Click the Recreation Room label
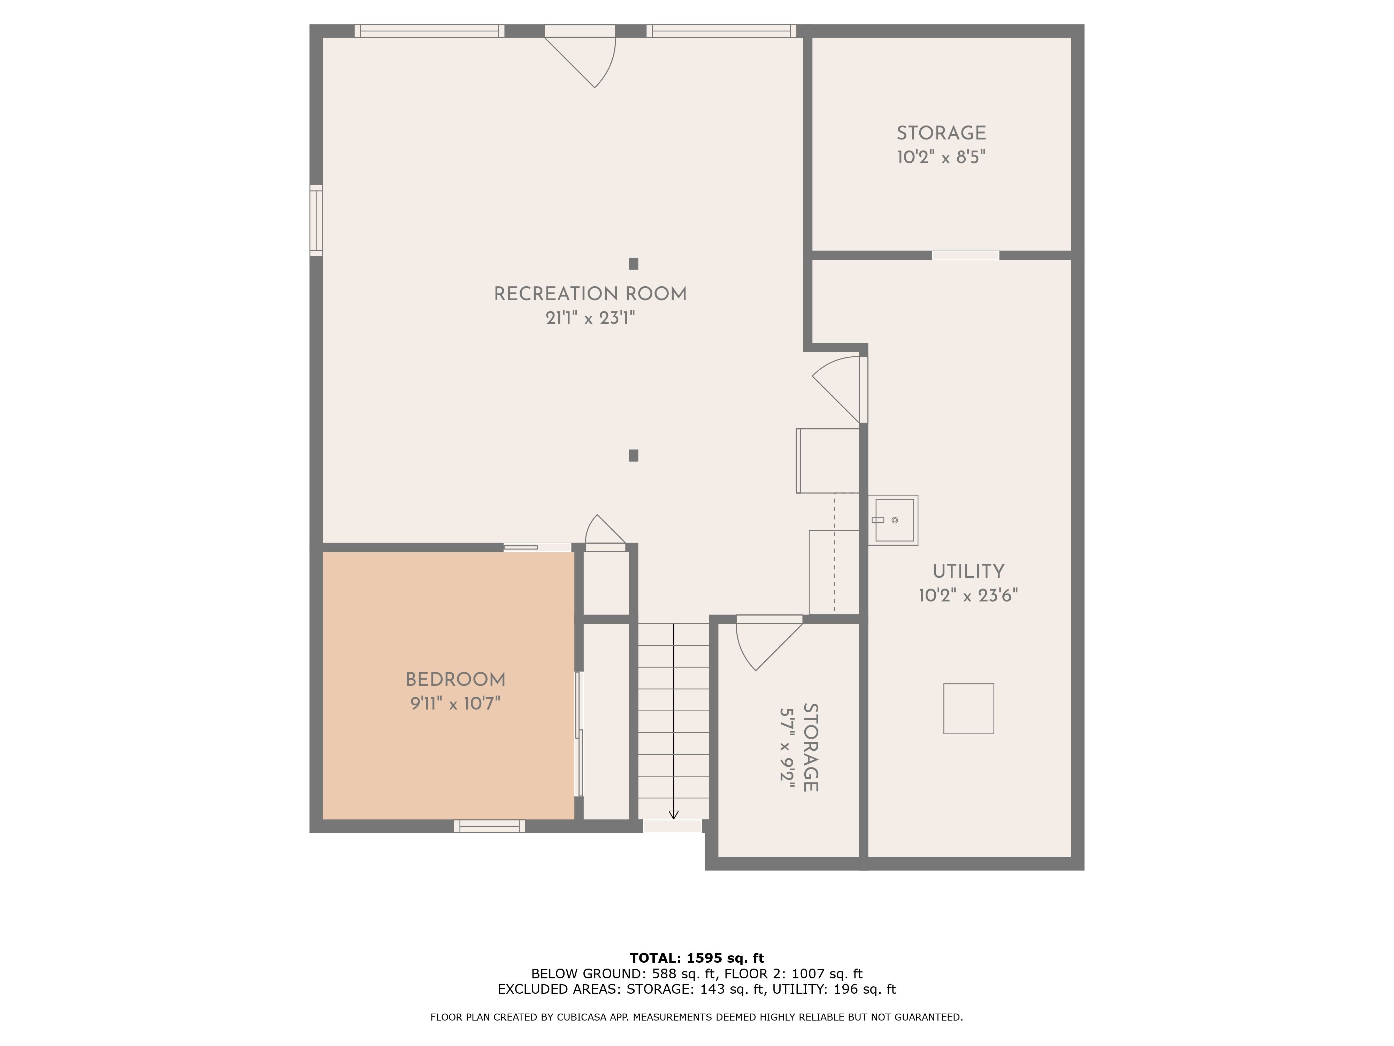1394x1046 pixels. pyautogui.click(x=590, y=294)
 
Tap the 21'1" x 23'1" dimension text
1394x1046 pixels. pyautogui.click(x=590, y=318)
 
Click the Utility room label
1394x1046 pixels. pyautogui.click(x=968, y=572)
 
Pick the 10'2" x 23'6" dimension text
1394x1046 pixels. pyautogui.click(x=968, y=595)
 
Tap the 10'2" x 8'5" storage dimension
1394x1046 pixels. pyautogui.click(x=941, y=157)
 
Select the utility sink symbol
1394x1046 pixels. pyautogui.click(x=894, y=520)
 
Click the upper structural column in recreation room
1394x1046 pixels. pyautogui.click(x=633, y=264)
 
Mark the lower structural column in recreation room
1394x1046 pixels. pyautogui.click(x=633, y=455)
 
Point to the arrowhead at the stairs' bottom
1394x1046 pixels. pyautogui.click(x=673, y=814)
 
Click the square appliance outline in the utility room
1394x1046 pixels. pyautogui.click(x=968, y=709)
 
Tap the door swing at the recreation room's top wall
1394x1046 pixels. pyautogui.click(x=586, y=60)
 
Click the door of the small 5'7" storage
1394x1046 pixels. pyautogui.click(x=766, y=644)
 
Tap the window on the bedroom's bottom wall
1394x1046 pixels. pyautogui.click(x=490, y=826)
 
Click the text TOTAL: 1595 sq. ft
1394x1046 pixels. pyautogui.click(x=696, y=958)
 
